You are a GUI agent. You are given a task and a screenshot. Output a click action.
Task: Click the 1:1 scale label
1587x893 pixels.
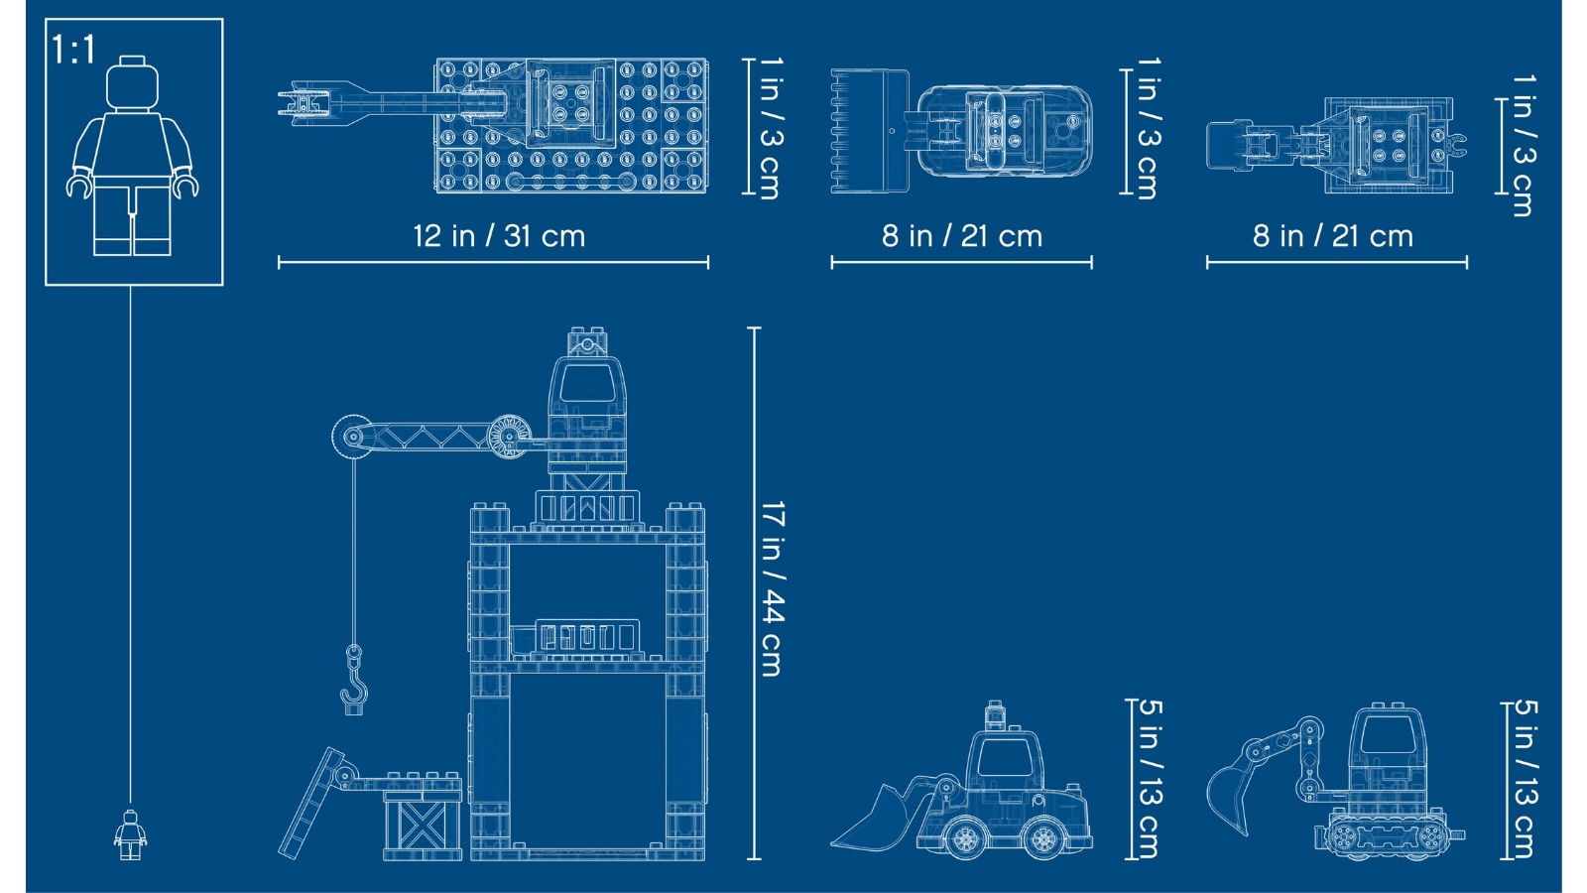click(72, 50)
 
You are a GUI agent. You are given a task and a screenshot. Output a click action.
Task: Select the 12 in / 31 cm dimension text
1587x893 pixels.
click(499, 236)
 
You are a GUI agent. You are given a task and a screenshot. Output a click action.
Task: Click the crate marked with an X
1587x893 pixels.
click(418, 824)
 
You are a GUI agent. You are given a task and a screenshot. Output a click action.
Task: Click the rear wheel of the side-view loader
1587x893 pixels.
click(1043, 837)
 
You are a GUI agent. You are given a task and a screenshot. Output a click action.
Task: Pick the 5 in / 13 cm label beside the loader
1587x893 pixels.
click(1150, 779)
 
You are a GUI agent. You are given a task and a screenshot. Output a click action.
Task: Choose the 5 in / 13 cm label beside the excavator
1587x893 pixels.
click(1525, 779)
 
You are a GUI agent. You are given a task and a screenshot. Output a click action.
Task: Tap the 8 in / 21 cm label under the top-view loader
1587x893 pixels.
click(961, 236)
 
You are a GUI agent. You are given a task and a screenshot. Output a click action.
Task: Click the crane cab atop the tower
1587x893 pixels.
click(587, 397)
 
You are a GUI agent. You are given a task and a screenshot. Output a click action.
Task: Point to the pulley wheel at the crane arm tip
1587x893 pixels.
click(349, 437)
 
